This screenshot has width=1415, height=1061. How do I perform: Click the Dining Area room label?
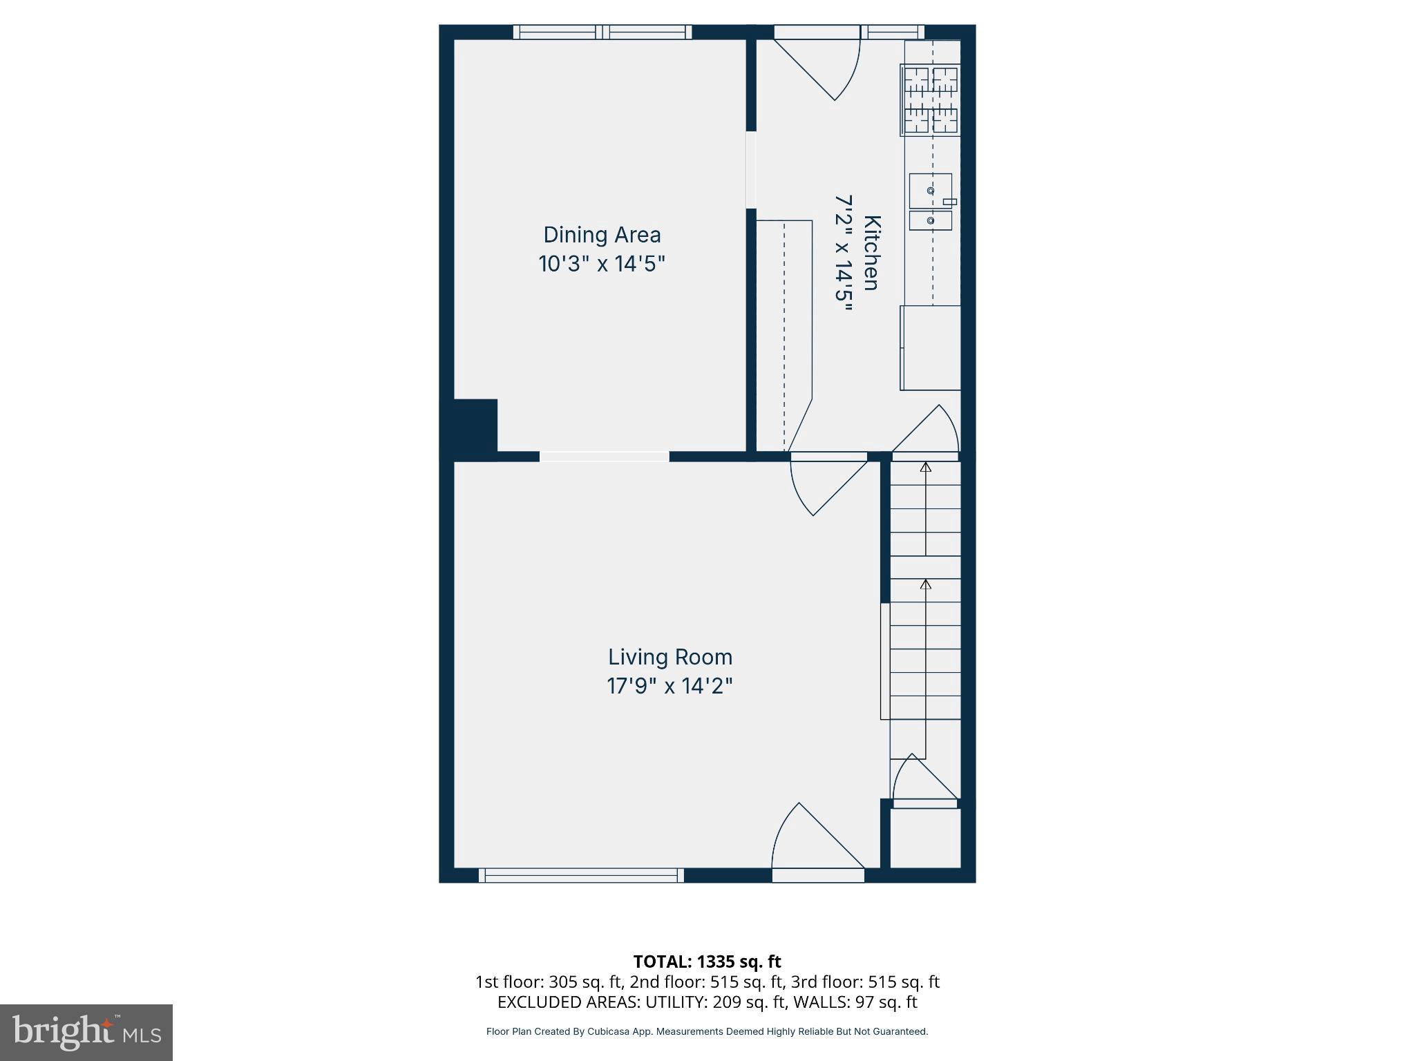click(602, 235)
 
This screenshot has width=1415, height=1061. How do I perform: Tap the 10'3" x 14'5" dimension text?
click(602, 264)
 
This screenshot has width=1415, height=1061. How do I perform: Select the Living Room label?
click(669, 657)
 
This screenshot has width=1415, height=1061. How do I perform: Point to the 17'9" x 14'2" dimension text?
click(669, 686)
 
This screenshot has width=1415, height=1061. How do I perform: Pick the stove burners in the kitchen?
click(931, 100)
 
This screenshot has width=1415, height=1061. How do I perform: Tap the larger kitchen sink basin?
click(930, 191)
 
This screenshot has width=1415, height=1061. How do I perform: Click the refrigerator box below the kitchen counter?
click(931, 347)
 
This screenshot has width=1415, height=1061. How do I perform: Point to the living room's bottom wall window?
click(581, 876)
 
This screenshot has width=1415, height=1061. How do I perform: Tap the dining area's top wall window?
click(602, 32)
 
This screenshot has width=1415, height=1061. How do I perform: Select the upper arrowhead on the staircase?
click(925, 468)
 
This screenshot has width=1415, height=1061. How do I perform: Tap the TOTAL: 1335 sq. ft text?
click(707, 962)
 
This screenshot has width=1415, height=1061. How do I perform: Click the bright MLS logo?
click(86, 1032)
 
